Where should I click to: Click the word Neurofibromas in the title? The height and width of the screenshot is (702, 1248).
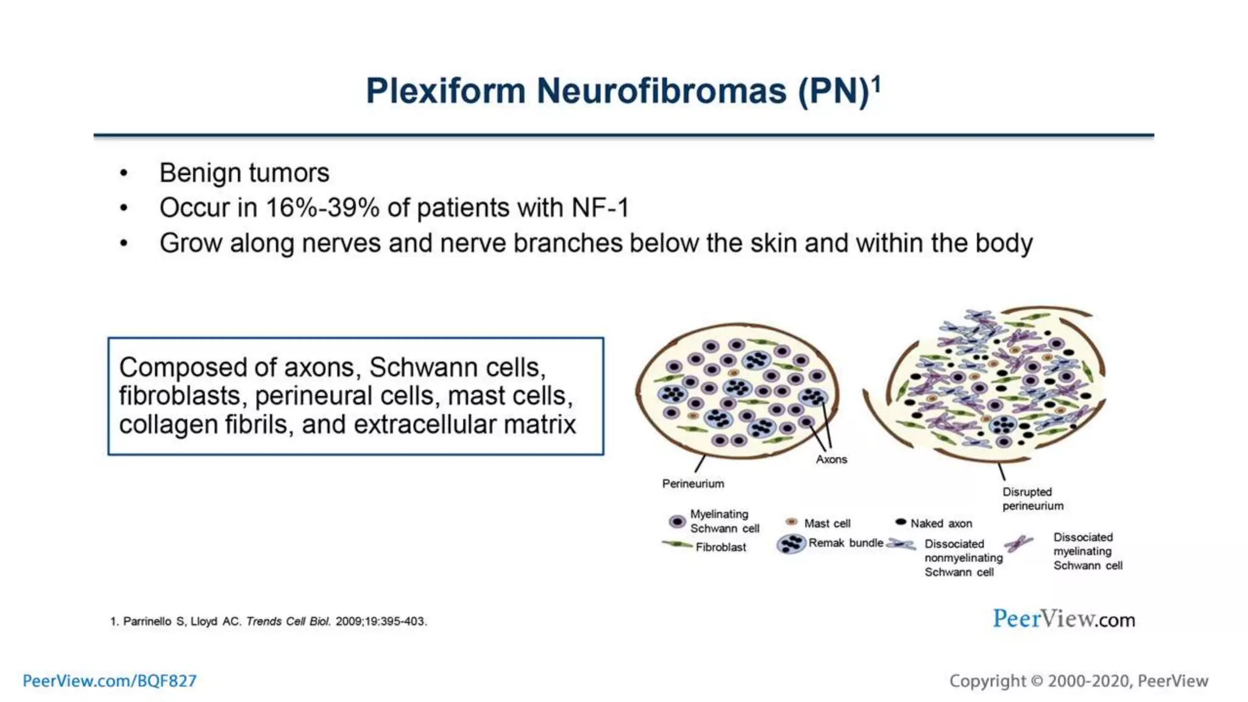pyautogui.click(x=661, y=91)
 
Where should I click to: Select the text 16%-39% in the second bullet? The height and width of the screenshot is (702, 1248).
pyautogui.click(x=323, y=208)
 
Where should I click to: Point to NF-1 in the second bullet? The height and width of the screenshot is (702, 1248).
pyautogui.click(x=600, y=208)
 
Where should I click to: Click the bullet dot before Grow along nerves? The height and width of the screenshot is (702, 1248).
pyautogui.click(x=124, y=244)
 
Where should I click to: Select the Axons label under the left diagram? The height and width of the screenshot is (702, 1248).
pyautogui.click(x=831, y=459)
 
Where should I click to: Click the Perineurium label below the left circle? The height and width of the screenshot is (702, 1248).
pyautogui.click(x=693, y=484)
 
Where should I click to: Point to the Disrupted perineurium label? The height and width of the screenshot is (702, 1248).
pyautogui.click(x=1032, y=498)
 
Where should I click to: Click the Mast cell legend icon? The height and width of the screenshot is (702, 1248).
pyautogui.click(x=792, y=522)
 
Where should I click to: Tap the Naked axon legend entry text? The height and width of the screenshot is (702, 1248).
pyautogui.click(x=941, y=523)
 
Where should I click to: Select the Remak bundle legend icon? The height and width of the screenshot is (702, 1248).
pyautogui.click(x=791, y=544)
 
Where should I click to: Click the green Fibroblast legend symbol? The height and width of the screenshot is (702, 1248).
pyautogui.click(x=677, y=544)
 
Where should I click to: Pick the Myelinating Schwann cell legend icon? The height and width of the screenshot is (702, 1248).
pyautogui.click(x=677, y=522)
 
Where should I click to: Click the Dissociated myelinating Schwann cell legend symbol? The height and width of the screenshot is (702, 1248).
pyautogui.click(x=1018, y=542)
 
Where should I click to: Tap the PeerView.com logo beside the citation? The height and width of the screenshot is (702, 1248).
pyautogui.click(x=1063, y=619)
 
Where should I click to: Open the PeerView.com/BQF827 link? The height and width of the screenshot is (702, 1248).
pyautogui.click(x=110, y=681)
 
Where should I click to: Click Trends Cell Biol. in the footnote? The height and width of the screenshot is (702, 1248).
pyautogui.click(x=288, y=622)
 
